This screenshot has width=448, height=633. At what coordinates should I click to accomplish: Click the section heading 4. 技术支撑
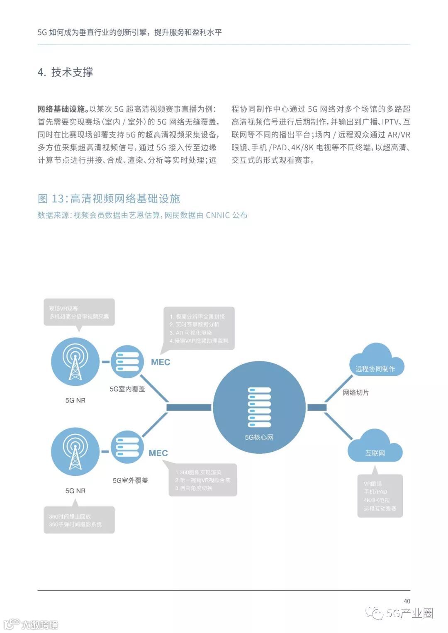click(65, 72)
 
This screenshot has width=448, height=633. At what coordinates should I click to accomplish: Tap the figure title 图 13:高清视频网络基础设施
click(109, 199)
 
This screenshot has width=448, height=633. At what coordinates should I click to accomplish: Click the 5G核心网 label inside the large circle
click(259, 437)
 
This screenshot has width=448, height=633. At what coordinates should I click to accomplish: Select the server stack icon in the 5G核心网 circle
click(259, 407)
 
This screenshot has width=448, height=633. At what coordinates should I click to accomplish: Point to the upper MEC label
click(161, 362)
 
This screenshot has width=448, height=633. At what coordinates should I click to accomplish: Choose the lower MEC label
click(158, 453)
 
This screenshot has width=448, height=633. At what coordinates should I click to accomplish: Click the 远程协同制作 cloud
click(375, 363)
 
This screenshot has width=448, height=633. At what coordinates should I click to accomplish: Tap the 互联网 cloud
click(375, 448)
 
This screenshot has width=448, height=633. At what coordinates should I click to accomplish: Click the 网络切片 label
click(355, 392)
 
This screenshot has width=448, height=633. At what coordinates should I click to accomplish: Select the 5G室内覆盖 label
click(127, 389)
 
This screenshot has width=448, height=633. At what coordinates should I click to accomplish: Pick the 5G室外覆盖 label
click(130, 480)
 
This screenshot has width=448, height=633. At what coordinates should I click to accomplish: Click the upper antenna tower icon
click(75, 361)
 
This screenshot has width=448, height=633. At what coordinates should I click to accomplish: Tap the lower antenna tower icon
click(75, 451)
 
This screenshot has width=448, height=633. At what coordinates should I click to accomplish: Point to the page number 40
click(407, 601)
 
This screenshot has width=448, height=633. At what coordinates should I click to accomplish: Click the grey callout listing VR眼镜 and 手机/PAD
click(380, 496)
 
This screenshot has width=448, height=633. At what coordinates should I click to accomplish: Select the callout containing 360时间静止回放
click(79, 520)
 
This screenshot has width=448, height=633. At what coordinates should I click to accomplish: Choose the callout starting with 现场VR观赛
click(79, 312)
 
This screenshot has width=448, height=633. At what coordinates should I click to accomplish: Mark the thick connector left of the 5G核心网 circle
click(189, 407)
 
